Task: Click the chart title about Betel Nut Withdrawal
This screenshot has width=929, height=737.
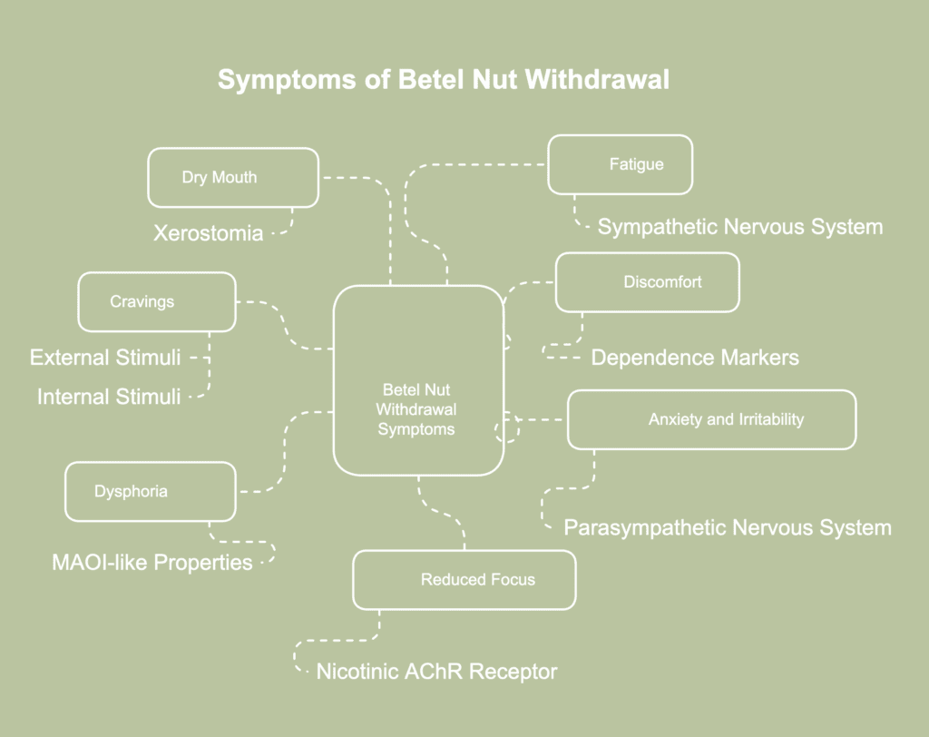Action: [x=444, y=80]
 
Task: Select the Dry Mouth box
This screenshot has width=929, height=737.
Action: [x=233, y=178]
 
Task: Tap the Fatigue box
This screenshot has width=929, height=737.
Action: [x=621, y=164]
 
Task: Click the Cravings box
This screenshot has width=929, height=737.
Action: [x=157, y=301]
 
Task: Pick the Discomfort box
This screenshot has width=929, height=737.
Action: [x=647, y=282]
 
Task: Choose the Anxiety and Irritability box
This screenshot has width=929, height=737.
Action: [x=711, y=419]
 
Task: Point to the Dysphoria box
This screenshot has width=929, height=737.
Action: [x=151, y=491]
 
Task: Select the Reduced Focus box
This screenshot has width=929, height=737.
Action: [x=464, y=579]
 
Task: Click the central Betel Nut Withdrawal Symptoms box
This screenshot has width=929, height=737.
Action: [x=418, y=380]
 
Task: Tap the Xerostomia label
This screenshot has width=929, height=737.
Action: [x=209, y=233]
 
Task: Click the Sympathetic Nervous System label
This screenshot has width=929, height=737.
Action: [x=739, y=226]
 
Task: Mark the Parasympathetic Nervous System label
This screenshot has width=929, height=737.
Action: [x=728, y=527]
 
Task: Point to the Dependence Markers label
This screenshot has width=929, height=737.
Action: [x=695, y=357]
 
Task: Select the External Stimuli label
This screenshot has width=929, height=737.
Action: [x=105, y=357]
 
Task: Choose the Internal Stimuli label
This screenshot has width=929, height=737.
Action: [x=109, y=397]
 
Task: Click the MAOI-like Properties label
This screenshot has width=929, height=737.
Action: [x=152, y=563]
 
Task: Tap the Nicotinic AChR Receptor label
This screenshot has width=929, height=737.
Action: [x=436, y=672]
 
